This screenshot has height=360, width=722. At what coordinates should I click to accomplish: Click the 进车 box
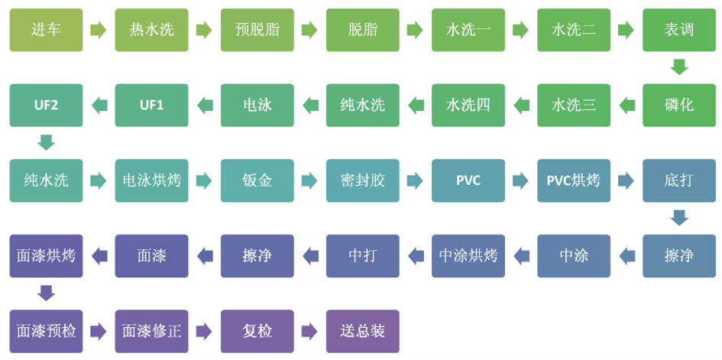tap(46, 30)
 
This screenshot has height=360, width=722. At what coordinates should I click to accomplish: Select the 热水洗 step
tap(151, 30)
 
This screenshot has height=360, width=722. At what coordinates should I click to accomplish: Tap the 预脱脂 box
tap(257, 30)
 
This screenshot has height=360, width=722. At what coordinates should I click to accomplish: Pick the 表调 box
tap(678, 30)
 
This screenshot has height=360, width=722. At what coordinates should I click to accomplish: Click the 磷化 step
tap(678, 105)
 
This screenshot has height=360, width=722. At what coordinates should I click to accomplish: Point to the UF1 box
tap(151, 105)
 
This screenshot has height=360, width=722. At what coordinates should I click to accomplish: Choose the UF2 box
tap(46, 105)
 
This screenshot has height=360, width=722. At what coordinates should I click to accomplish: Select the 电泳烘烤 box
tap(151, 180)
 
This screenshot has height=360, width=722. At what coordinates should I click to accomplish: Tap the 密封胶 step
tap(362, 180)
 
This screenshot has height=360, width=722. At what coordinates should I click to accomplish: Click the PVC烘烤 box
tap(573, 180)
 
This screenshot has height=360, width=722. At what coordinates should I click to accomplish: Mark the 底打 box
tap(678, 180)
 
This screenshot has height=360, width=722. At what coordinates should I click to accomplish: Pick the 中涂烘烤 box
tap(468, 255)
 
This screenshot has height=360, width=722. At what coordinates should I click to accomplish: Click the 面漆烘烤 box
tap(46, 255)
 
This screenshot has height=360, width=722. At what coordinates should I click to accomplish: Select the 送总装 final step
tap(362, 331)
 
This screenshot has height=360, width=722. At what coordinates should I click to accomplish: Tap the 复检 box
tap(257, 331)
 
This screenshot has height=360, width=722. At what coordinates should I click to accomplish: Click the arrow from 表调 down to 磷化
tap(679, 67)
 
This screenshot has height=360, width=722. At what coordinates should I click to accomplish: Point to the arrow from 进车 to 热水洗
tap(99, 30)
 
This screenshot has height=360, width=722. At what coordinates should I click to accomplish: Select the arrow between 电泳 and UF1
tap(204, 105)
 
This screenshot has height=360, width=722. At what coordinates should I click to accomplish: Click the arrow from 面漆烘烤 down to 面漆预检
tap(46, 293)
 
